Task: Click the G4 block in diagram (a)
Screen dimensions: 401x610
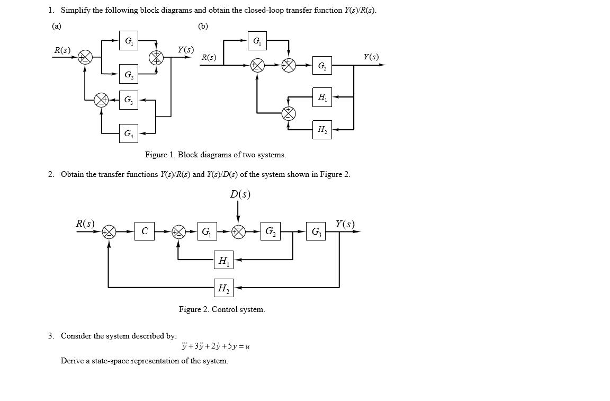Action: click(x=129, y=133)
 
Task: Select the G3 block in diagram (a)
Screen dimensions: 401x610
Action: click(x=129, y=100)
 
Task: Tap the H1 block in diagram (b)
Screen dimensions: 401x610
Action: click(x=322, y=97)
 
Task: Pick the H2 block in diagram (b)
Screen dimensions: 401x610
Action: click(x=322, y=129)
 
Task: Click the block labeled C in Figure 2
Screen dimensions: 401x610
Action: click(x=145, y=231)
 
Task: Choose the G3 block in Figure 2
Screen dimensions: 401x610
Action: click(x=316, y=231)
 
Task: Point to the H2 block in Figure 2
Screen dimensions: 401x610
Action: click(x=223, y=288)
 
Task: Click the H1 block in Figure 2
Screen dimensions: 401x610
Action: click(x=223, y=260)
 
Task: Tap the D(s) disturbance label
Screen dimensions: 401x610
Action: click(x=240, y=194)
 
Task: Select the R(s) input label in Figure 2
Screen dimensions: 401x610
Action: click(x=85, y=224)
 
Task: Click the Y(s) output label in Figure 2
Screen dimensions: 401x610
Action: click(x=345, y=224)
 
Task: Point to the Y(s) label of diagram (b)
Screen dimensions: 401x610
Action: click(x=371, y=57)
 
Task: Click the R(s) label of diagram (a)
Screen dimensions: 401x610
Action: click(x=62, y=50)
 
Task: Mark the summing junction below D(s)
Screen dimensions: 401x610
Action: click(x=238, y=231)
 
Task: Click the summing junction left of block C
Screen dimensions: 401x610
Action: click(x=109, y=231)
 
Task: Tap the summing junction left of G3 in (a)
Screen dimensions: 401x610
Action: click(x=101, y=100)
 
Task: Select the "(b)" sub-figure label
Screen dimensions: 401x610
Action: click(x=203, y=25)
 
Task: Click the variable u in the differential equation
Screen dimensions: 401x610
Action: click(x=247, y=346)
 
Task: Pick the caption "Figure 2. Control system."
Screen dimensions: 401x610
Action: click(x=222, y=309)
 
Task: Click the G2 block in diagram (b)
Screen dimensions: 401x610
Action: click(x=322, y=66)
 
